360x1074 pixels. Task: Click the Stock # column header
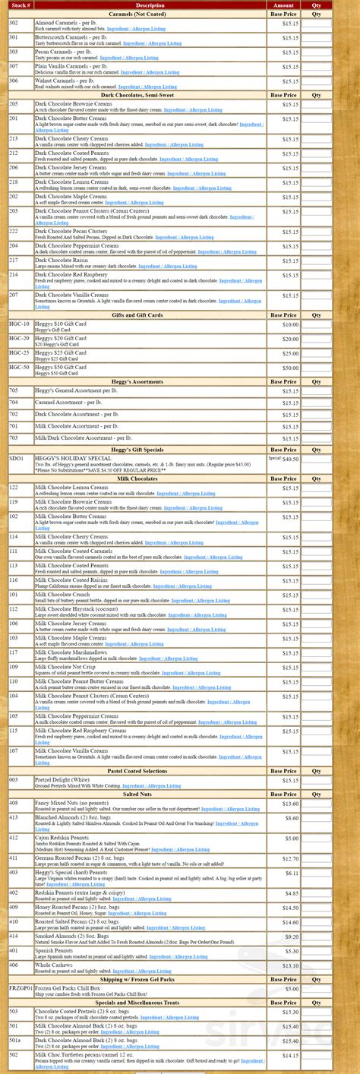click(x=21, y=5)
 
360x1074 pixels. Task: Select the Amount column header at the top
click(x=283, y=5)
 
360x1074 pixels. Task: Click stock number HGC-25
click(x=20, y=353)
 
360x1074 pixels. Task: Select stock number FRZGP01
click(x=21, y=988)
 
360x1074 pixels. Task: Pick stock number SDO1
click(x=17, y=459)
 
